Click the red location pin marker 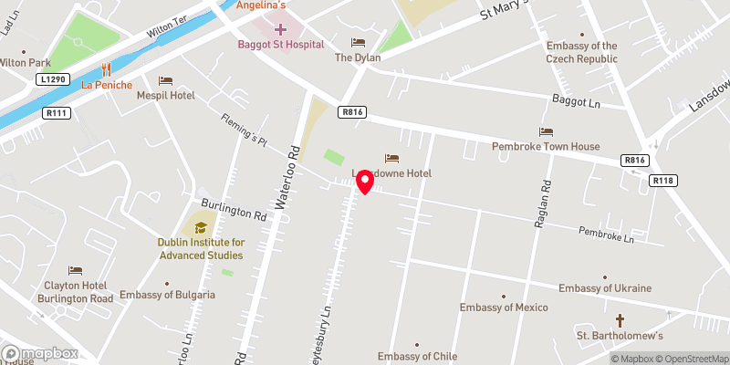tap(365, 181)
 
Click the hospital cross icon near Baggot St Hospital tap(279, 29)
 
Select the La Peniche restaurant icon tap(108, 68)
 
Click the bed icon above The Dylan tap(358, 42)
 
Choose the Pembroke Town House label tap(546, 146)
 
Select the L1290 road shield tap(52, 80)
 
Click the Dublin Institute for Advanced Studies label tap(201, 248)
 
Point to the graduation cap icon tap(200, 227)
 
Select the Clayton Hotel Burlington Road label tap(76, 292)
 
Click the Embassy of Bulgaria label tap(168, 295)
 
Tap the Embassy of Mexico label tap(501, 307)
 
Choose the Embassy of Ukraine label tap(605, 288)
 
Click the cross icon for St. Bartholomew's tap(620, 320)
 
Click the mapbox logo tap(40, 353)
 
